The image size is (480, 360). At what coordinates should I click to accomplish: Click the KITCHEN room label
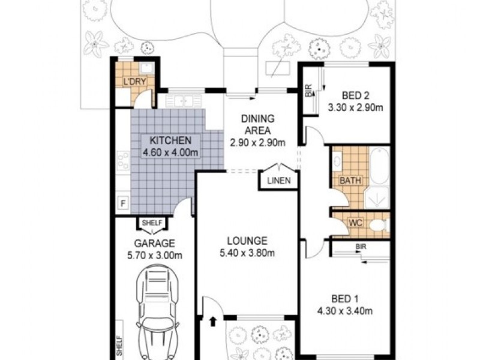pyautogui.click(x=170, y=140)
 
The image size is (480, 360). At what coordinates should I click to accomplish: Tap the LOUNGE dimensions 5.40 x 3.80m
pyautogui.click(x=247, y=253)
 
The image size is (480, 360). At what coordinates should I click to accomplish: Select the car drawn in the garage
pyautogui.click(x=157, y=312)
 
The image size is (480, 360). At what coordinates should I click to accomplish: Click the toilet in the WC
pyautogui.click(x=380, y=226)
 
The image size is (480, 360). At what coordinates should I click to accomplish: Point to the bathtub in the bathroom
pyautogui.click(x=380, y=166)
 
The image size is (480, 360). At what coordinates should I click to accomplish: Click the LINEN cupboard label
pyautogui.click(x=279, y=181)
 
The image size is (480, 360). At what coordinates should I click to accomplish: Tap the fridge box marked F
pyautogui.click(x=123, y=203)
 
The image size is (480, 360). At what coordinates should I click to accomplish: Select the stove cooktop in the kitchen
pyautogui.click(x=123, y=161)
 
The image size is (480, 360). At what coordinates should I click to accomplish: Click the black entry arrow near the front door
pyautogui.click(x=213, y=322)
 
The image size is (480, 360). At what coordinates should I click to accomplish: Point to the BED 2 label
pyautogui.click(x=355, y=96)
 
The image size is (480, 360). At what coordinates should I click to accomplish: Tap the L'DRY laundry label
pyautogui.click(x=134, y=82)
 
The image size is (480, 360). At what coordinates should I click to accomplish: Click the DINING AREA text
pyautogui.click(x=258, y=124)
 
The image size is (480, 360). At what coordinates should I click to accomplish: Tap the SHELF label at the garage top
pyautogui.click(x=152, y=223)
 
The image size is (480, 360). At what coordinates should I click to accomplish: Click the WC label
pyautogui.click(x=355, y=223)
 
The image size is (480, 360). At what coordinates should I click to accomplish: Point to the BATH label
pyautogui.click(x=350, y=181)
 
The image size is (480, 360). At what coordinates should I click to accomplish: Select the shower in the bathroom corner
pyautogui.click(x=377, y=197)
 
